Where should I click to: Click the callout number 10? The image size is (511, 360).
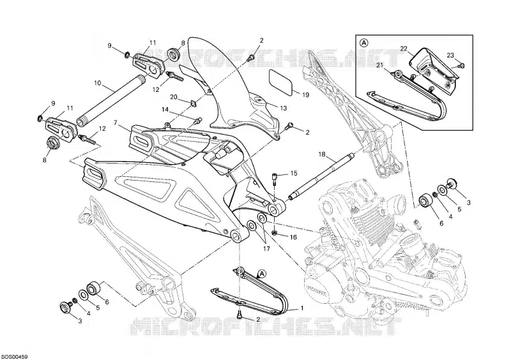[97, 82]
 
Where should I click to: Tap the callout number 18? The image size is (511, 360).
[321, 154]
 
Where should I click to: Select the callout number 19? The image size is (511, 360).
[305, 95]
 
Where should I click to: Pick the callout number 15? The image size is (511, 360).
[294, 173]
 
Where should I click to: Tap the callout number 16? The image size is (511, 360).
[293, 237]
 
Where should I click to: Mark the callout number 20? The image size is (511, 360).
[174, 97]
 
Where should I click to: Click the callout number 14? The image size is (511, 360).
[165, 110]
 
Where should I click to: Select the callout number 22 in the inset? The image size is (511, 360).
[404, 49]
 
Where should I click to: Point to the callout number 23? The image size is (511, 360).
[450, 55]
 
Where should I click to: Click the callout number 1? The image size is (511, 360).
[303, 307]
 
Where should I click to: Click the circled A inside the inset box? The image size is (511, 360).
[364, 43]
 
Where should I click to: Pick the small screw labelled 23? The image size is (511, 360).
[462, 64]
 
